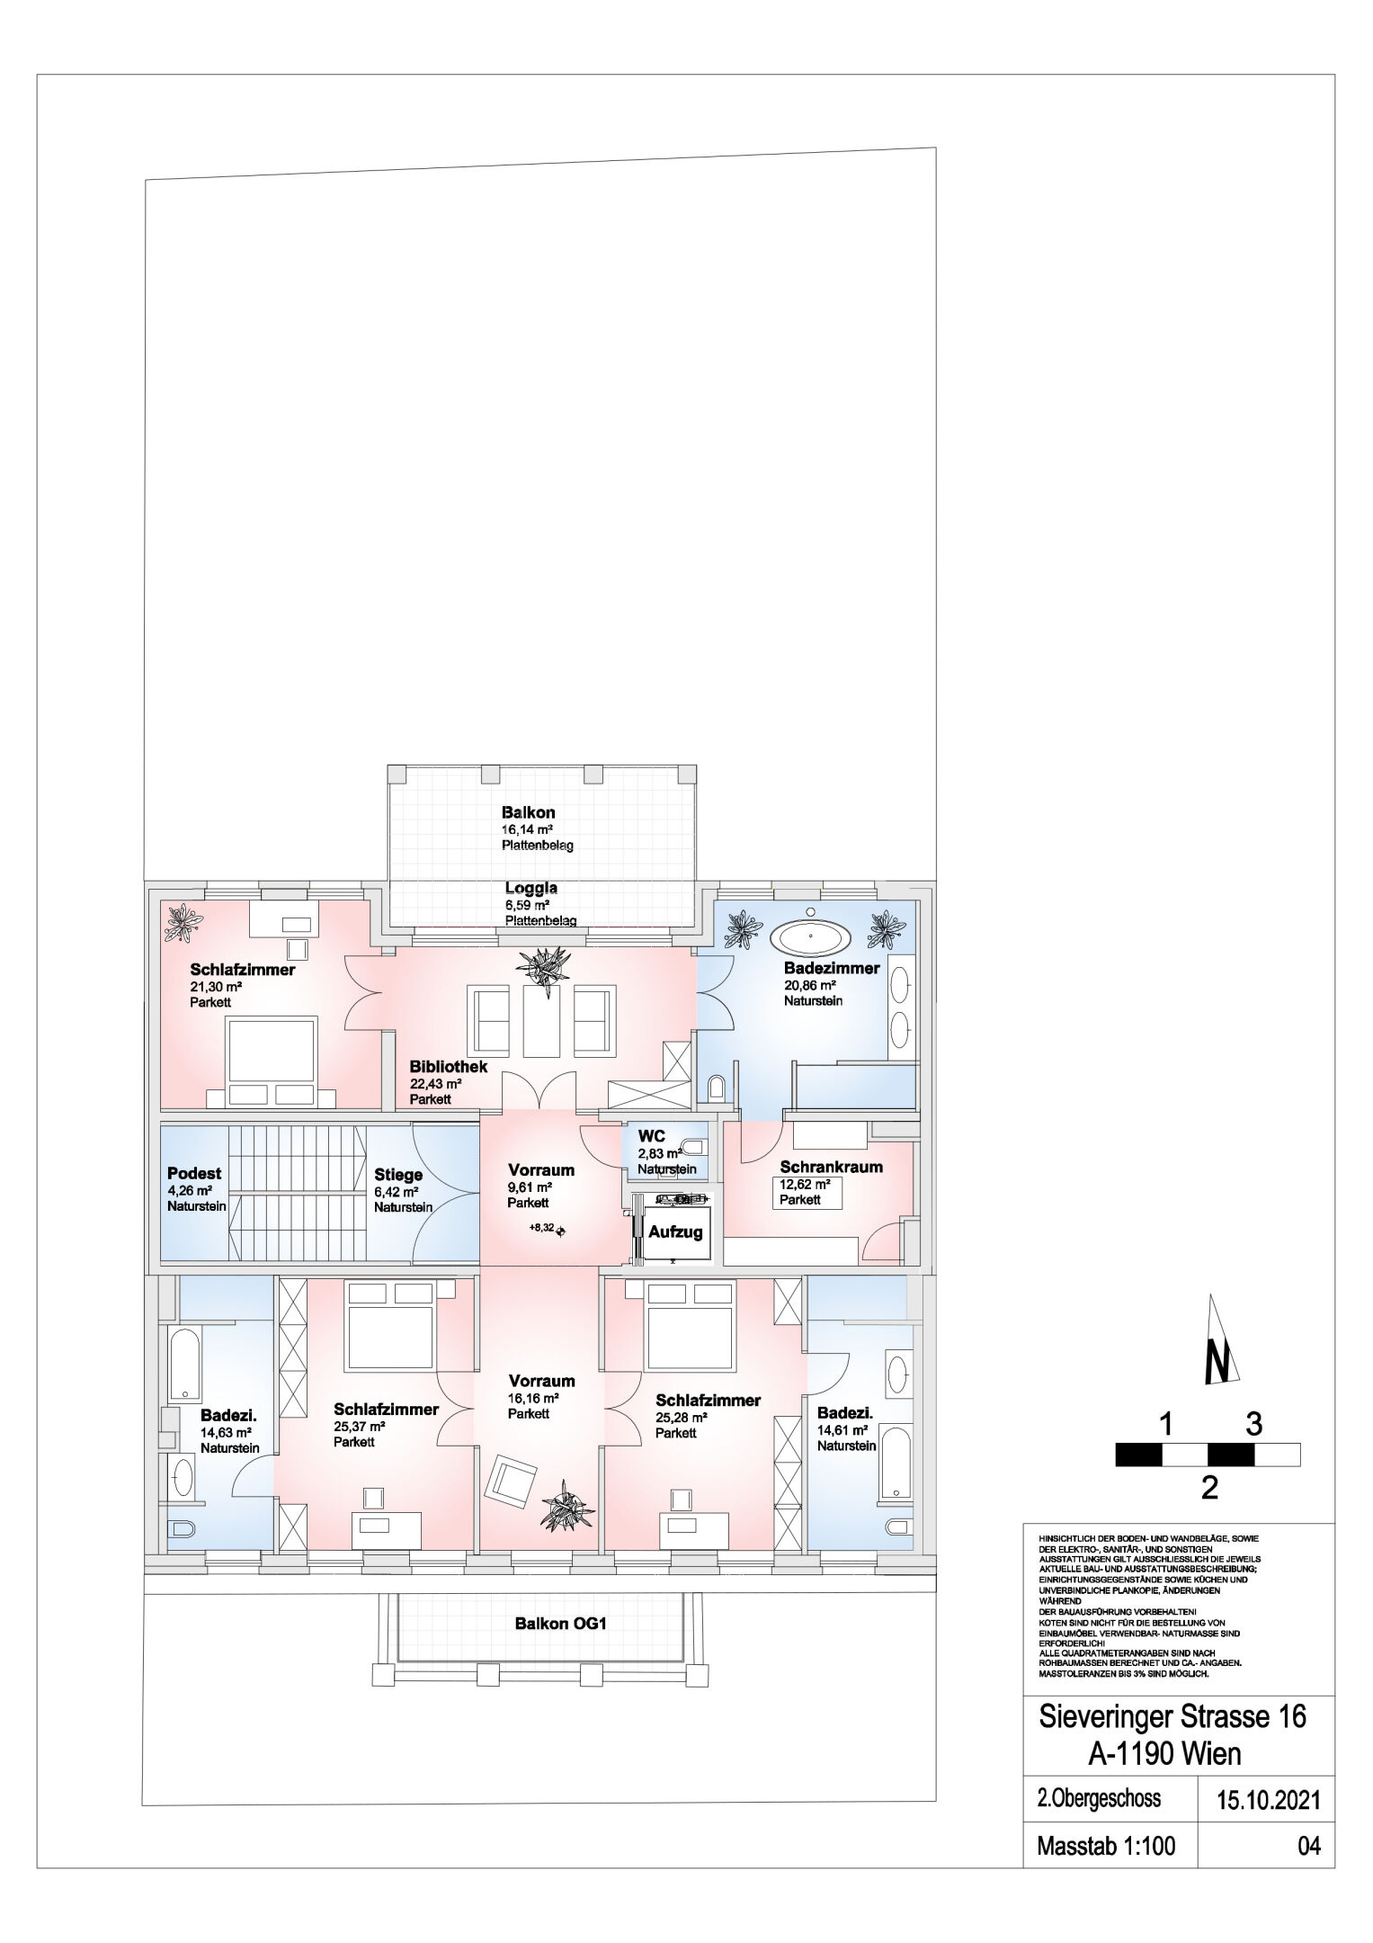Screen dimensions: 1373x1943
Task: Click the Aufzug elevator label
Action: (675, 1231)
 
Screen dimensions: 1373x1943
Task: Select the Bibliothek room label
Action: (449, 1066)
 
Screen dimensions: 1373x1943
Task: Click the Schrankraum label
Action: (831, 1167)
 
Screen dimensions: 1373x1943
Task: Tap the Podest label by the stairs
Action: (194, 1173)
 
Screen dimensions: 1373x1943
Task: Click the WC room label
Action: (651, 1136)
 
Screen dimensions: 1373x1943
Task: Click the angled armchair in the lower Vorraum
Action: (508, 1484)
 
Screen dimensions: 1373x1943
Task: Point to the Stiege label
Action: (398, 1175)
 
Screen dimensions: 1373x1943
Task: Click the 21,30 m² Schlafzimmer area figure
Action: (216, 986)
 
